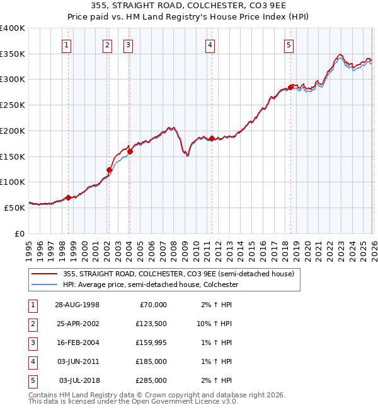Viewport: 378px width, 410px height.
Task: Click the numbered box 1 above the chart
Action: [67, 45]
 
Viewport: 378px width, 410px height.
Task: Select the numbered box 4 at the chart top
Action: [210, 45]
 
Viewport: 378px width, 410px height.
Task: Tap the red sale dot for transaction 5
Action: [290, 87]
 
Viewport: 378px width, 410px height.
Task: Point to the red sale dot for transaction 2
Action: [109, 170]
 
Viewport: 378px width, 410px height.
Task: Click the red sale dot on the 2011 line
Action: [212, 138]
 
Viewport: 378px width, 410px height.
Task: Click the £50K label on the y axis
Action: [14, 208]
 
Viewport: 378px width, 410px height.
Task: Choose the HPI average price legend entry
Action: [151, 285]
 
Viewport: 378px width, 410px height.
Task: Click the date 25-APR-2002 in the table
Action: [77, 323]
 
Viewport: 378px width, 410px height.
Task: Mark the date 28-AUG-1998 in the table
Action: [77, 304]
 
